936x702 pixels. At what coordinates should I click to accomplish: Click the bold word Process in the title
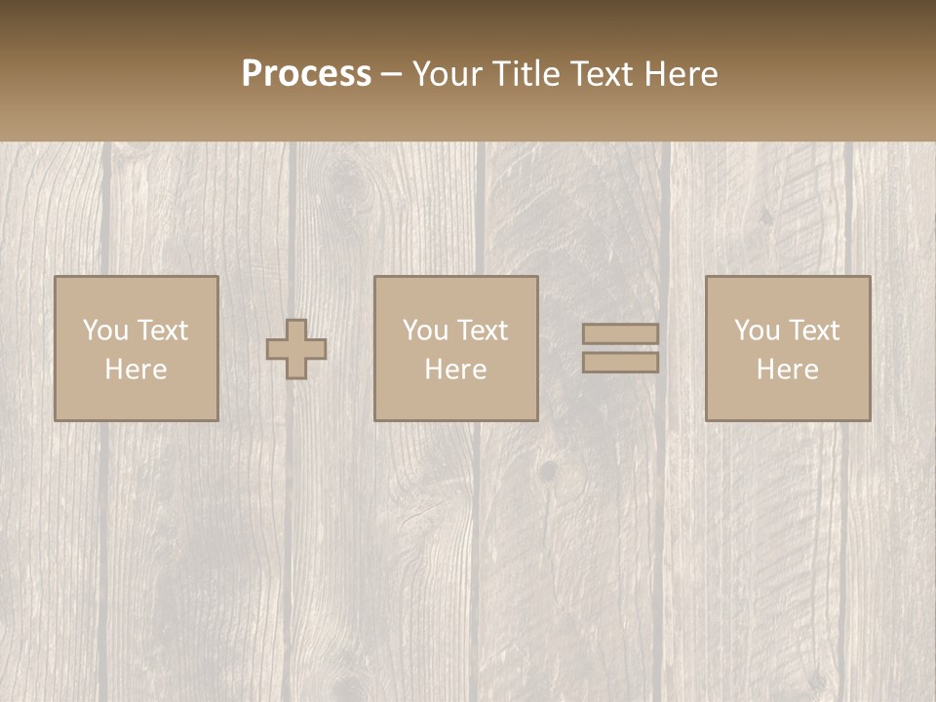tap(306, 74)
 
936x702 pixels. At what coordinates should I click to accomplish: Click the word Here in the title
tap(682, 74)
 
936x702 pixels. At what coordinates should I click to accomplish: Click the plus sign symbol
tap(296, 349)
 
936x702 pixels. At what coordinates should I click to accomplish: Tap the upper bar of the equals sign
tap(620, 333)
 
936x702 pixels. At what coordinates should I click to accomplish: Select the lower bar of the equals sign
tap(620, 363)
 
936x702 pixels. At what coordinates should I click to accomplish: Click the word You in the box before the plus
tap(105, 331)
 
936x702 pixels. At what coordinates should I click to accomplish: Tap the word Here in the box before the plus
tap(136, 370)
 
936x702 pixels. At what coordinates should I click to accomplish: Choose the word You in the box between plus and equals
tap(425, 331)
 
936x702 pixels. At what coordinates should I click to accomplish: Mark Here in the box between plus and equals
tap(455, 370)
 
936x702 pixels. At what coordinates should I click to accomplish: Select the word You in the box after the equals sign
tap(757, 331)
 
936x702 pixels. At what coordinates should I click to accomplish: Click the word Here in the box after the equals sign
tap(787, 370)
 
